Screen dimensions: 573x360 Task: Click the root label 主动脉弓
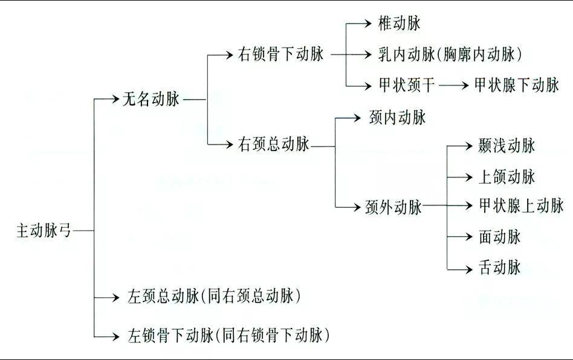point(44,231)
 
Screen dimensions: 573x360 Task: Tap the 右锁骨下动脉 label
point(282,54)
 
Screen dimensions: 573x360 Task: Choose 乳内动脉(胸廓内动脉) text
point(449,54)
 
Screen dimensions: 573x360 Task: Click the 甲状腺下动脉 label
point(517,85)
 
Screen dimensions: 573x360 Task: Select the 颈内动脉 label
point(397,117)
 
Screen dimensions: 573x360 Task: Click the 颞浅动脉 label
point(507,146)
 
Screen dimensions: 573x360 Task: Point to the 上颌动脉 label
point(507,177)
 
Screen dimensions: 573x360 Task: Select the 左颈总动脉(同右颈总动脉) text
point(215,297)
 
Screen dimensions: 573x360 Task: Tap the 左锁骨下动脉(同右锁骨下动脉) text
point(229,334)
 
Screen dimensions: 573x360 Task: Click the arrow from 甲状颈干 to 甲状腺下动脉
point(454,85)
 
